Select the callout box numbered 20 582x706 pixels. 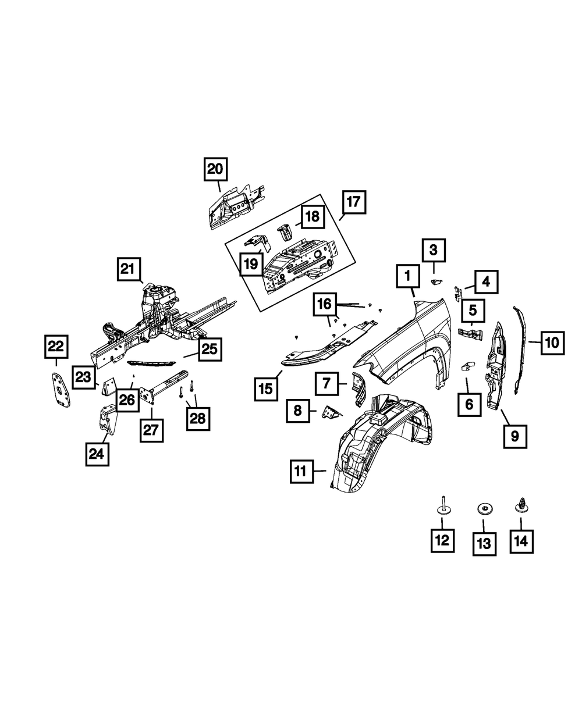215,169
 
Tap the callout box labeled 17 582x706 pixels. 354,203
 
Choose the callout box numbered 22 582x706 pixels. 55,348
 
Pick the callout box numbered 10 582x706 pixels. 552,343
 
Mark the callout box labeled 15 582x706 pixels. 266,389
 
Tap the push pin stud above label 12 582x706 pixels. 443,507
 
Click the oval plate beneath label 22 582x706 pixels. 61,388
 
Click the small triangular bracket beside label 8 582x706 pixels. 332,412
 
